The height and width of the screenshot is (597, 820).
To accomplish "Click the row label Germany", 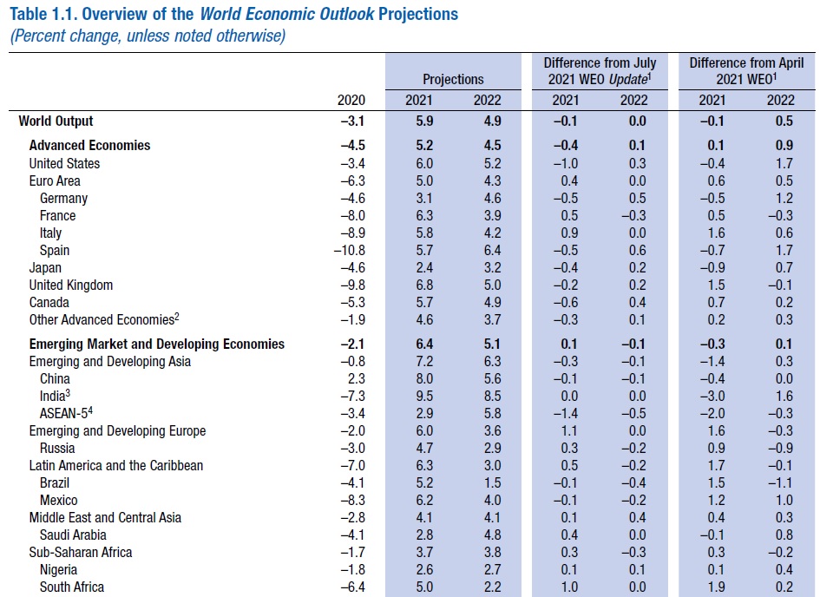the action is [64, 199].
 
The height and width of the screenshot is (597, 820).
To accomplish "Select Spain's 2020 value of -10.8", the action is [350, 251].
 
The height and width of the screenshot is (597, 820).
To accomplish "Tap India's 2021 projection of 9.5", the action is [424, 397].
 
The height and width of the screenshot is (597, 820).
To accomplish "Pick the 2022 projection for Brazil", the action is [492, 483].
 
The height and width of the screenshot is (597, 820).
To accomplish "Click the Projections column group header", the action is [453, 80].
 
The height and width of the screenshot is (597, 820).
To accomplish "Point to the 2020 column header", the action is [351, 100].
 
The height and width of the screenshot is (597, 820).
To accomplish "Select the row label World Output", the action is [56, 121].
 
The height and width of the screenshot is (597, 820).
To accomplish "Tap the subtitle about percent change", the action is [148, 36].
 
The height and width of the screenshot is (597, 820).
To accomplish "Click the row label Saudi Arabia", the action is [73, 535].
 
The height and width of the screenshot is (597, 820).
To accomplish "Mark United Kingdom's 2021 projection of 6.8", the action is [424, 285].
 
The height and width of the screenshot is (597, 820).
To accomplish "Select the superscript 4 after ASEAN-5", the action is [90, 410].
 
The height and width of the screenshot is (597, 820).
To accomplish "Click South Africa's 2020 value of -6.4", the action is [352, 587].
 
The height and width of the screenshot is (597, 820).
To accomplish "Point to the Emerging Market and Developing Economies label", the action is [157, 344].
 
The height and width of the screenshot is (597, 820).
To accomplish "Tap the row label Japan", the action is [45, 268].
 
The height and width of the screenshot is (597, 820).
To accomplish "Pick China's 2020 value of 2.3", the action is [356, 379].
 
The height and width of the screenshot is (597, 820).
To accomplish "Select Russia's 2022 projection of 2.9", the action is [492, 449].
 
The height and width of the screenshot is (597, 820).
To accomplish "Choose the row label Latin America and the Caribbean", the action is [116, 466].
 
